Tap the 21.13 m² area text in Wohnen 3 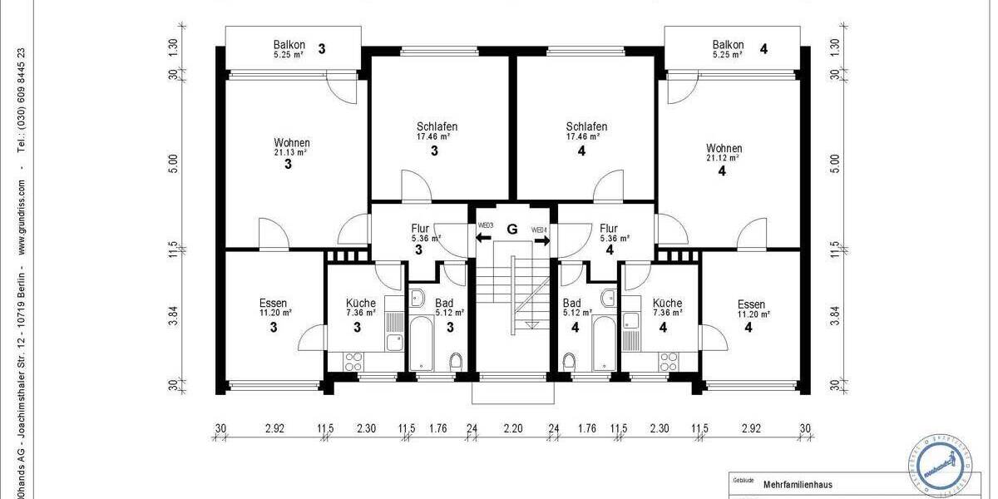pos(291,153)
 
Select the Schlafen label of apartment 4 pos(586,126)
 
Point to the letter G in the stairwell pos(512,229)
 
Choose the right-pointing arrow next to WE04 pos(542,241)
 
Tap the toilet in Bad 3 pos(455,362)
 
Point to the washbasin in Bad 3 pos(418,299)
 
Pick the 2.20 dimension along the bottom pos(513,430)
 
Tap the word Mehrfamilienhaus pos(798,485)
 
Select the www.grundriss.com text pos(22,216)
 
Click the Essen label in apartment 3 pos(273,304)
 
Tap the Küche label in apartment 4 pos(667,304)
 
